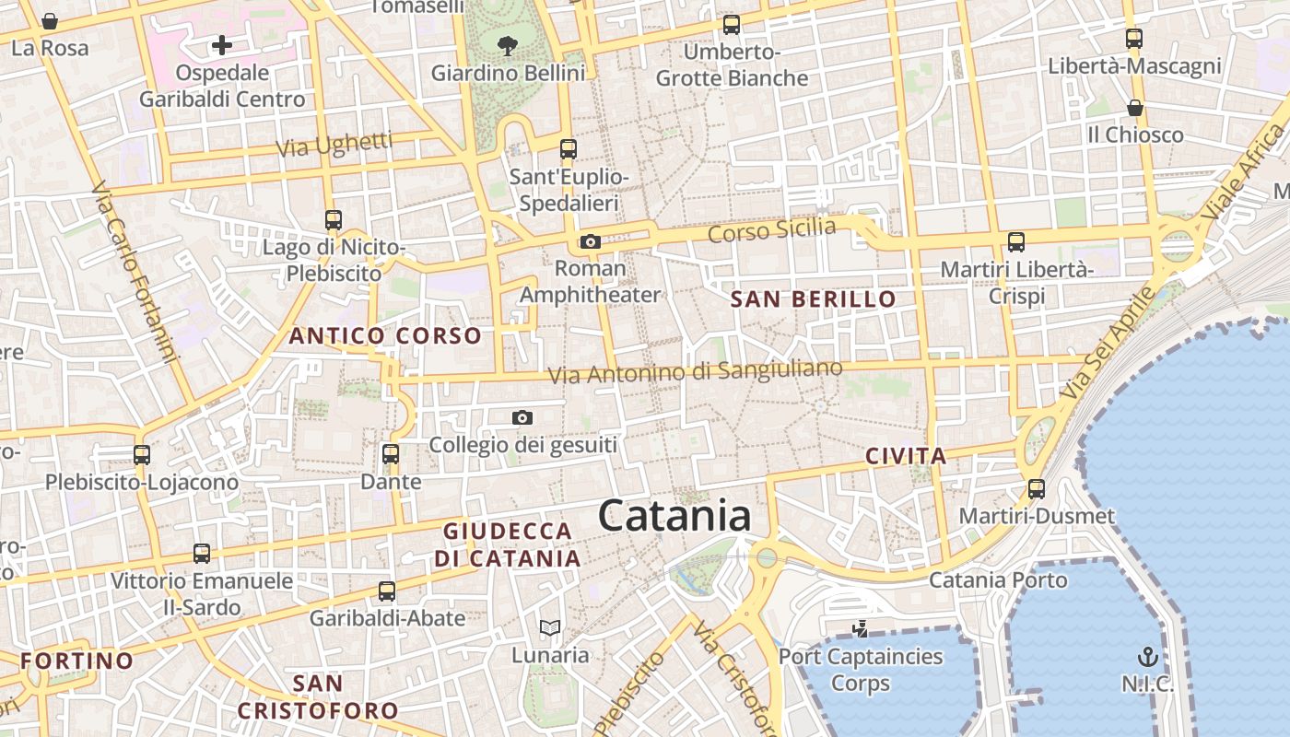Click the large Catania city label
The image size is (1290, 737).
coord(674,516)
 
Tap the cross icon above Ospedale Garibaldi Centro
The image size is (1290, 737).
coord(221,44)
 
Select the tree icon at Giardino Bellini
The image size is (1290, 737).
coord(507,44)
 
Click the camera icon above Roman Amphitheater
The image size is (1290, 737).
coord(590,242)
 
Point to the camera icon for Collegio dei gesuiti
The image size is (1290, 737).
coord(522,418)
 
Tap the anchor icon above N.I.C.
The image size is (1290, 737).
coord(1148,657)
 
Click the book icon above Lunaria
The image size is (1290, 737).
coord(550,628)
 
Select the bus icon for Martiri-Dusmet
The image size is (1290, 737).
coord(1037,488)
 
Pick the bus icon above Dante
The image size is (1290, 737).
coord(391,454)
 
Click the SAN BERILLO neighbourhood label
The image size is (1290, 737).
coord(813,298)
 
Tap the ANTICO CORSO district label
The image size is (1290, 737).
coord(385,336)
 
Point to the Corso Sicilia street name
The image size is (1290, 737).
coord(771,230)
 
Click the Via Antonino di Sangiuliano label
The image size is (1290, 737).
coord(695,372)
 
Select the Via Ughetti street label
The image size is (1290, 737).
coord(334,145)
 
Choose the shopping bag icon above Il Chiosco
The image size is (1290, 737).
coord(1135,109)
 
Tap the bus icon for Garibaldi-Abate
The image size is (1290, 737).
coord(387,591)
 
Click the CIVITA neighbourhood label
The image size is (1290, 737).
coord(906,456)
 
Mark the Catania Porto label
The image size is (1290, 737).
coord(998,580)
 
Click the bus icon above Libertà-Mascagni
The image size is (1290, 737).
coord(1134,39)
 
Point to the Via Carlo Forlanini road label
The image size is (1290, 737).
coord(134,272)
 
